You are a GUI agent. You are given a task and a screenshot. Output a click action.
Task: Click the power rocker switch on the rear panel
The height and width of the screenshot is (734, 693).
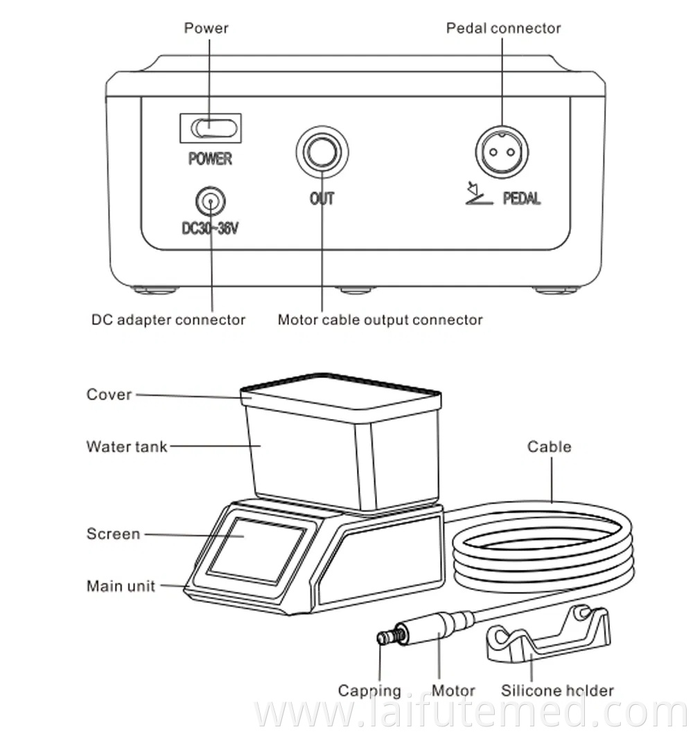pyautogui.click(x=211, y=128)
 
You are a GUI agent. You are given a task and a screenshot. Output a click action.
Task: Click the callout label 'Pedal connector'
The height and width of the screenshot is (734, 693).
pyautogui.click(x=503, y=28)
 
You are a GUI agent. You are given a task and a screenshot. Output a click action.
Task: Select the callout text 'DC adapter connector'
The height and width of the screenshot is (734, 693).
pyautogui.click(x=168, y=320)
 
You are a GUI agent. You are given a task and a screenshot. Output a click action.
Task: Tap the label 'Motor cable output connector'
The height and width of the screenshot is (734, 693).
pyautogui.click(x=380, y=320)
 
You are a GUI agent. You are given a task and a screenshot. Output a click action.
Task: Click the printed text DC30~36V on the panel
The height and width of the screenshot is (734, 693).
pyautogui.click(x=210, y=228)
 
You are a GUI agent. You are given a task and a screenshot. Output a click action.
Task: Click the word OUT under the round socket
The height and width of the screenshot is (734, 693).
pyautogui.click(x=322, y=199)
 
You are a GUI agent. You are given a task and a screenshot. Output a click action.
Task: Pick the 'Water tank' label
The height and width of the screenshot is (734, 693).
pyautogui.click(x=127, y=446)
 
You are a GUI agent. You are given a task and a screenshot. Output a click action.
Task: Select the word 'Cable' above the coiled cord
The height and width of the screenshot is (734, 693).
pyautogui.click(x=550, y=447)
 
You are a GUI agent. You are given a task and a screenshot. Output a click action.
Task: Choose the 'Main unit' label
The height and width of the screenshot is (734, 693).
pyautogui.click(x=121, y=586)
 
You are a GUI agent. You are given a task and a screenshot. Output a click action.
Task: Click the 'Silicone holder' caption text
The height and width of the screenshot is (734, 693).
pyautogui.click(x=557, y=690)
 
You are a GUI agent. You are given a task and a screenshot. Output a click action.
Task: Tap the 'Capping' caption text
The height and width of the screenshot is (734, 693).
pyautogui.click(x=369, y=690)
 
